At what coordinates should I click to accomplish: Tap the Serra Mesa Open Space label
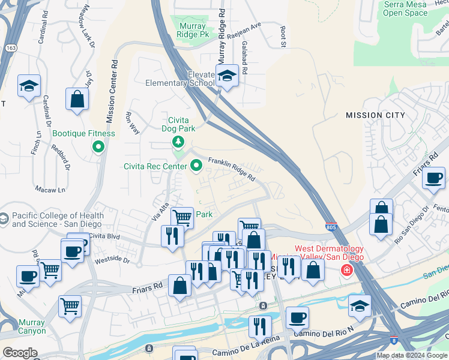tap(405, 8)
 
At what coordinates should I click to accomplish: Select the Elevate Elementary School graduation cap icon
tap(226, 76)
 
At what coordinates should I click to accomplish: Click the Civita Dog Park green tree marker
tap(178, 142)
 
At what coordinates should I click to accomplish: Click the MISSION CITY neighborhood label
tap(375, 115)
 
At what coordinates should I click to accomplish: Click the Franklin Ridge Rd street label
tap(232, 169)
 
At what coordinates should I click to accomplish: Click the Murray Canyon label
tap(32, 326)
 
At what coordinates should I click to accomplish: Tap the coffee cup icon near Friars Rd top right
tap(433, 178)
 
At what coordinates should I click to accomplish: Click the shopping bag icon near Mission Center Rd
tap(77, 100)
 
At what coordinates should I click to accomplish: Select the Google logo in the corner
tap(20, 353)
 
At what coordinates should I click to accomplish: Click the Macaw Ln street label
tap(49, 190)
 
